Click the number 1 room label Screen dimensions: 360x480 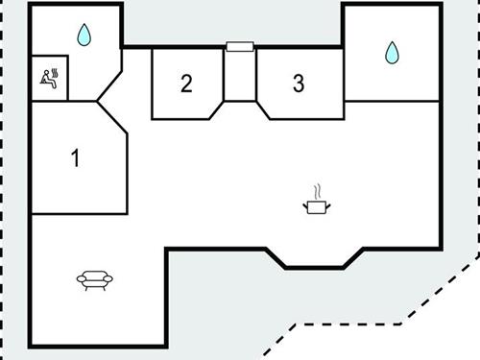tap(75, 157)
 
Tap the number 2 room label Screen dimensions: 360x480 tap(186, 83)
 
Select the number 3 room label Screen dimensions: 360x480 tap(299, 83)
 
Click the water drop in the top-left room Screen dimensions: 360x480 tap(84, 36)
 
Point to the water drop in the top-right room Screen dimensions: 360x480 tap(391, 52)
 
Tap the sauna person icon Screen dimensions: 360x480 tap(49, 77)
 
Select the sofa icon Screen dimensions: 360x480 tap(94, 279)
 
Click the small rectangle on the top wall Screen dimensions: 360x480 tap(239, 45)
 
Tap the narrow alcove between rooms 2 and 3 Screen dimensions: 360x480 tap(239, 72)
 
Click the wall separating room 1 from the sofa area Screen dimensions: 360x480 tap(79, 214)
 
